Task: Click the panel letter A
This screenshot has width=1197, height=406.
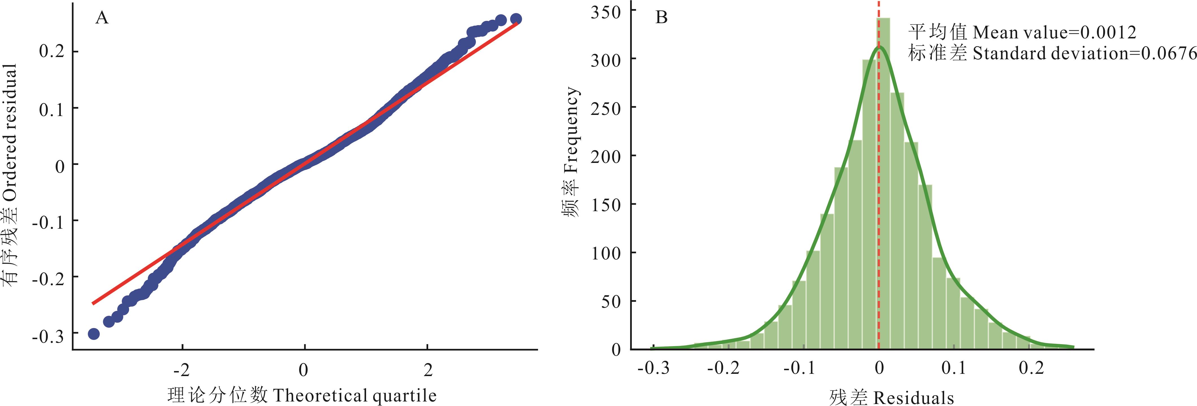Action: click(102, 18)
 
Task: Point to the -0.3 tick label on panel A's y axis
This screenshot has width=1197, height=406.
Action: click(47, 336)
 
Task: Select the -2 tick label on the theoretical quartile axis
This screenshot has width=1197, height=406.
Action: click(181, 370)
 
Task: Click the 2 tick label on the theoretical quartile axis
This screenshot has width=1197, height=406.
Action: click(428, 370)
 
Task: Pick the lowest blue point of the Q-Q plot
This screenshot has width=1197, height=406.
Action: click(93, 333)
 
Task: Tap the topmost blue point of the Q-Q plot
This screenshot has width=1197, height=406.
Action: click(515, 19)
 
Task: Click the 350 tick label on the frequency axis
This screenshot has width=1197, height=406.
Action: click(606, 12)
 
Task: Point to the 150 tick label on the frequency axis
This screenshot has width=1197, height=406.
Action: click(606, 205)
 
